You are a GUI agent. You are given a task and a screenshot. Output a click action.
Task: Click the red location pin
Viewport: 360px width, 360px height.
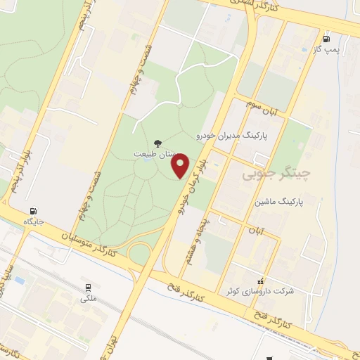tap(181, 166)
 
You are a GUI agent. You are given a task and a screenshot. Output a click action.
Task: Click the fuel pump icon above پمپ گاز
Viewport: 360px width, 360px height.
tap(326, 39)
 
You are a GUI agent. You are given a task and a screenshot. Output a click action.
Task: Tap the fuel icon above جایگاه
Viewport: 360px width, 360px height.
tap(33, 211)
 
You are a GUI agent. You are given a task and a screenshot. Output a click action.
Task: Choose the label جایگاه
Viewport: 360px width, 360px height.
tap(33, 221)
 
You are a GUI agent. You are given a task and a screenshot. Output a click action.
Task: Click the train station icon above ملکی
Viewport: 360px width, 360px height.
tap(89, 288)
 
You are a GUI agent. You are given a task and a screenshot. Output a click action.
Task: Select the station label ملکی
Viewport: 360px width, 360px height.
tap(89, 298)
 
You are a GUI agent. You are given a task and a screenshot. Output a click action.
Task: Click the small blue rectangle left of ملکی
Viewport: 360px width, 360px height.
tap(19, 281)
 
